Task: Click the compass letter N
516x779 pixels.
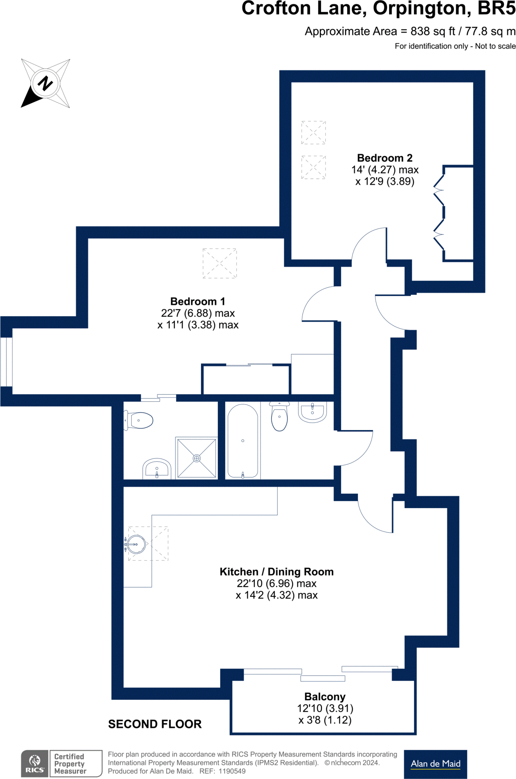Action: tap(45, 83)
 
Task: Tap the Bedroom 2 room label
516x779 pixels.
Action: tap(384, 158)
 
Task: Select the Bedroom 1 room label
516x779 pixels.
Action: tap(197, 301)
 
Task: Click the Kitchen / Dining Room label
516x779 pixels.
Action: tap(276, 572)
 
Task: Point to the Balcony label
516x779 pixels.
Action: tap(325, 696)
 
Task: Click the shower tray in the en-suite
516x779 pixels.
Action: tap(197, 458)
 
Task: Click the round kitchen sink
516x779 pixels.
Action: tap(136, 544)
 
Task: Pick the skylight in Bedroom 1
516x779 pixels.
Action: tap(219, 263)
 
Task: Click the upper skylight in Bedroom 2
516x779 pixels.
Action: tap(313, 132)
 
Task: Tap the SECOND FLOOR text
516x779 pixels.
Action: tap(155, 724)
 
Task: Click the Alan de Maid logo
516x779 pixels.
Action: tap(435, 764)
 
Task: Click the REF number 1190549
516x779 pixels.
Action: tap(232, 771)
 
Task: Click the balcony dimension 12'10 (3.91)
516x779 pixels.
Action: tap(325, 708)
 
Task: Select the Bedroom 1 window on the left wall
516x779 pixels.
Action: tap(6, 362)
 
